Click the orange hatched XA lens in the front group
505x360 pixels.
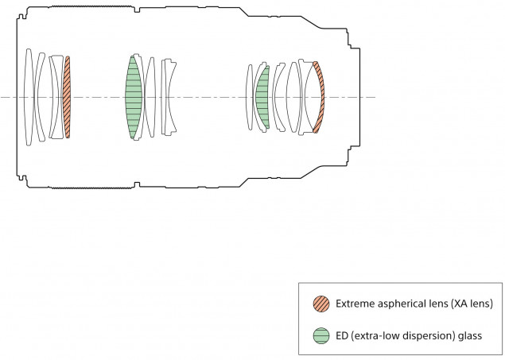(x=68, y=97)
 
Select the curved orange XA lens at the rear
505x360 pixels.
(x=319, y=97)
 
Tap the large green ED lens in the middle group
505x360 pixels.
(x=134, y=97)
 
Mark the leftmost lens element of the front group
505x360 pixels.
(x=28, y=97)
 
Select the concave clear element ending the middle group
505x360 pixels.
(x=169, y=97)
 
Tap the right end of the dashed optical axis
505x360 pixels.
(x=374, y=97)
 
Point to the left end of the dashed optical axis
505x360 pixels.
(x=2, y=97)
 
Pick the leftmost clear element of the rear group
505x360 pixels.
(x=250, y=97)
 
